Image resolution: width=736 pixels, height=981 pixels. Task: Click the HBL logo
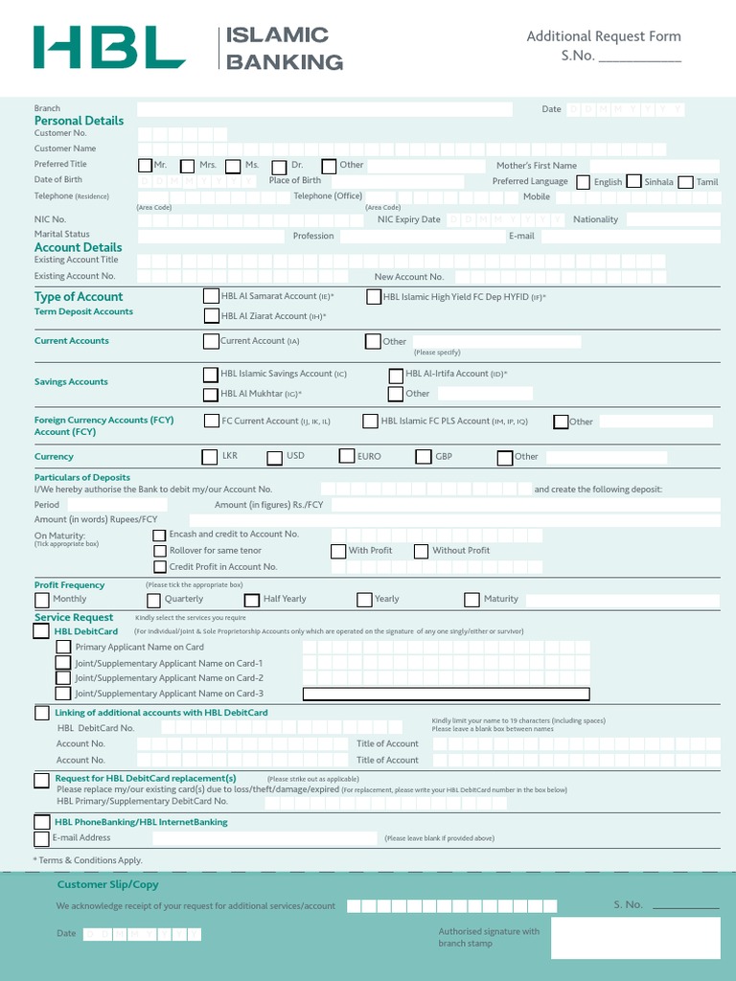[109, 47]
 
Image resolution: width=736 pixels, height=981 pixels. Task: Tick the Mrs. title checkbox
[188, 166]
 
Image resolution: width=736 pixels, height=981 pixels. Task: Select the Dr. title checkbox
[279, 166]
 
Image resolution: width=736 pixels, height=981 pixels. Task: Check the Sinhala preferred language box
[633, 182]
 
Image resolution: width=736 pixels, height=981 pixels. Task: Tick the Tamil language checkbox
[685, 182]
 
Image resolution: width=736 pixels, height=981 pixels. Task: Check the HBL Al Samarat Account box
[211, 297]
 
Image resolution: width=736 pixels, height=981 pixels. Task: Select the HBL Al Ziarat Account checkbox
[211, 316]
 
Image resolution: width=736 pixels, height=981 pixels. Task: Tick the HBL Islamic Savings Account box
[211, 375]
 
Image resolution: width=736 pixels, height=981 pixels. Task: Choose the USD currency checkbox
[274, 458]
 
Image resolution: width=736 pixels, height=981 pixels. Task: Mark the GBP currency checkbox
[423, 458]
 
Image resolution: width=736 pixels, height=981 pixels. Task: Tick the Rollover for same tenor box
[160, 551]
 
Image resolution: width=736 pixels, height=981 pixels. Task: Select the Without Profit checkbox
[421, 551]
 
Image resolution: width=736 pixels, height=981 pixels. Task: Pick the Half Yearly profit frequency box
[251, 600]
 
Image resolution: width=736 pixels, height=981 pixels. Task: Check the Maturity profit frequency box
[471, 600]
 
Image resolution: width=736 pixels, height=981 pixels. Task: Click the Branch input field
[324, 109]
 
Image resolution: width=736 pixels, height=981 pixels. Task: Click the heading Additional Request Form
[604, 36]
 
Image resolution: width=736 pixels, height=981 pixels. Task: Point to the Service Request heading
[74, 618]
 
